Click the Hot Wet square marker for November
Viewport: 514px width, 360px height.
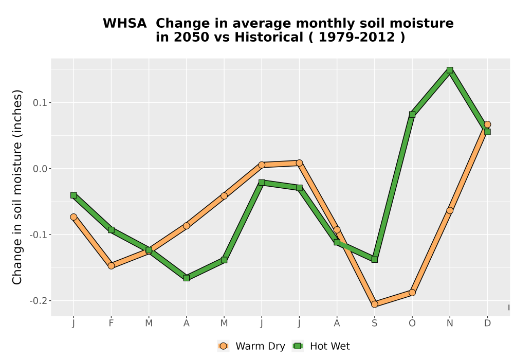(x=450, y=70)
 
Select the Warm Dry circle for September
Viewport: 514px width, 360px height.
(x=374, y=304)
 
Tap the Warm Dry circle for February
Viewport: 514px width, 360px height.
(x=111, y=265)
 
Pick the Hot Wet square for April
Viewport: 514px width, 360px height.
(x=187, y=278)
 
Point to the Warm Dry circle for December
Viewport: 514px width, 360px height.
(x=487, y=124)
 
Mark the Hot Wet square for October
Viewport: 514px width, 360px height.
(x=412, y=114)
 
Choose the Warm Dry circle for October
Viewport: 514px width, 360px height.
(x=412, y=293)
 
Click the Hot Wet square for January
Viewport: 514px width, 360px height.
(x=74, y=195)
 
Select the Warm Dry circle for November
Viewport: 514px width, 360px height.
(x=450, y=210)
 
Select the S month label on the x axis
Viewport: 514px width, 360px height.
(x=374, y=323)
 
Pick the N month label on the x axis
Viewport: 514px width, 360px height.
(x=450, y=323)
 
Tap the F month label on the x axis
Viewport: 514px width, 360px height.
(x=111, y=323)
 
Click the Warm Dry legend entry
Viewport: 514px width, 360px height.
(x=251, y=346)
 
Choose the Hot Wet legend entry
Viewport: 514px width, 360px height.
(x=321, y=346)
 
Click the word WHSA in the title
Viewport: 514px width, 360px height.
(x=125, y=24)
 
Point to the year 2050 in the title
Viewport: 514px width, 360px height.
(x=191, y=37)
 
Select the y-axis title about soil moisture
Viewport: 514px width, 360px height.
(x=17, y=187)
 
